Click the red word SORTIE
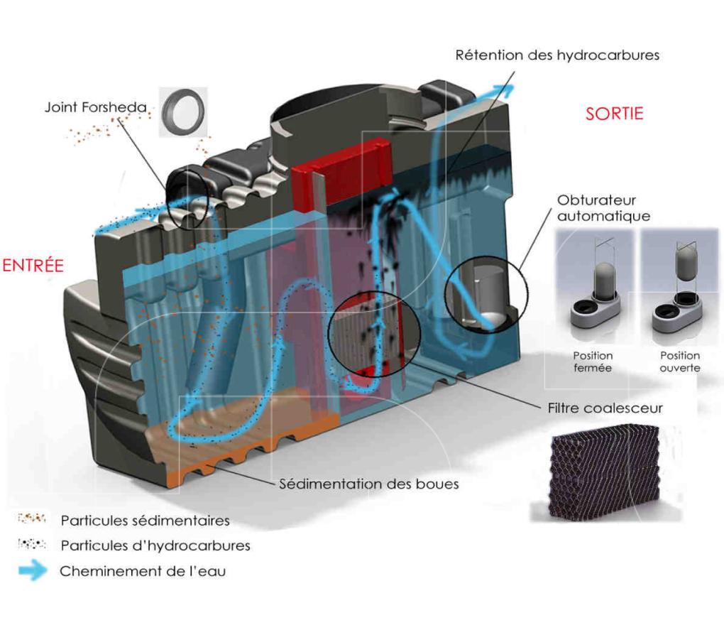(x=614, y=113)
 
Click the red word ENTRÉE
(x=33, y=266)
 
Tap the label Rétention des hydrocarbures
(x=557, y=55)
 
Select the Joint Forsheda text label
(x=95, y=108)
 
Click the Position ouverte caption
(x=679, y=362)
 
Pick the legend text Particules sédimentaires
(x=145, y=521)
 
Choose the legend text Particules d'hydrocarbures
(x=155, y=546)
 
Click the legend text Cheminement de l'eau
(x=142, y=571)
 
